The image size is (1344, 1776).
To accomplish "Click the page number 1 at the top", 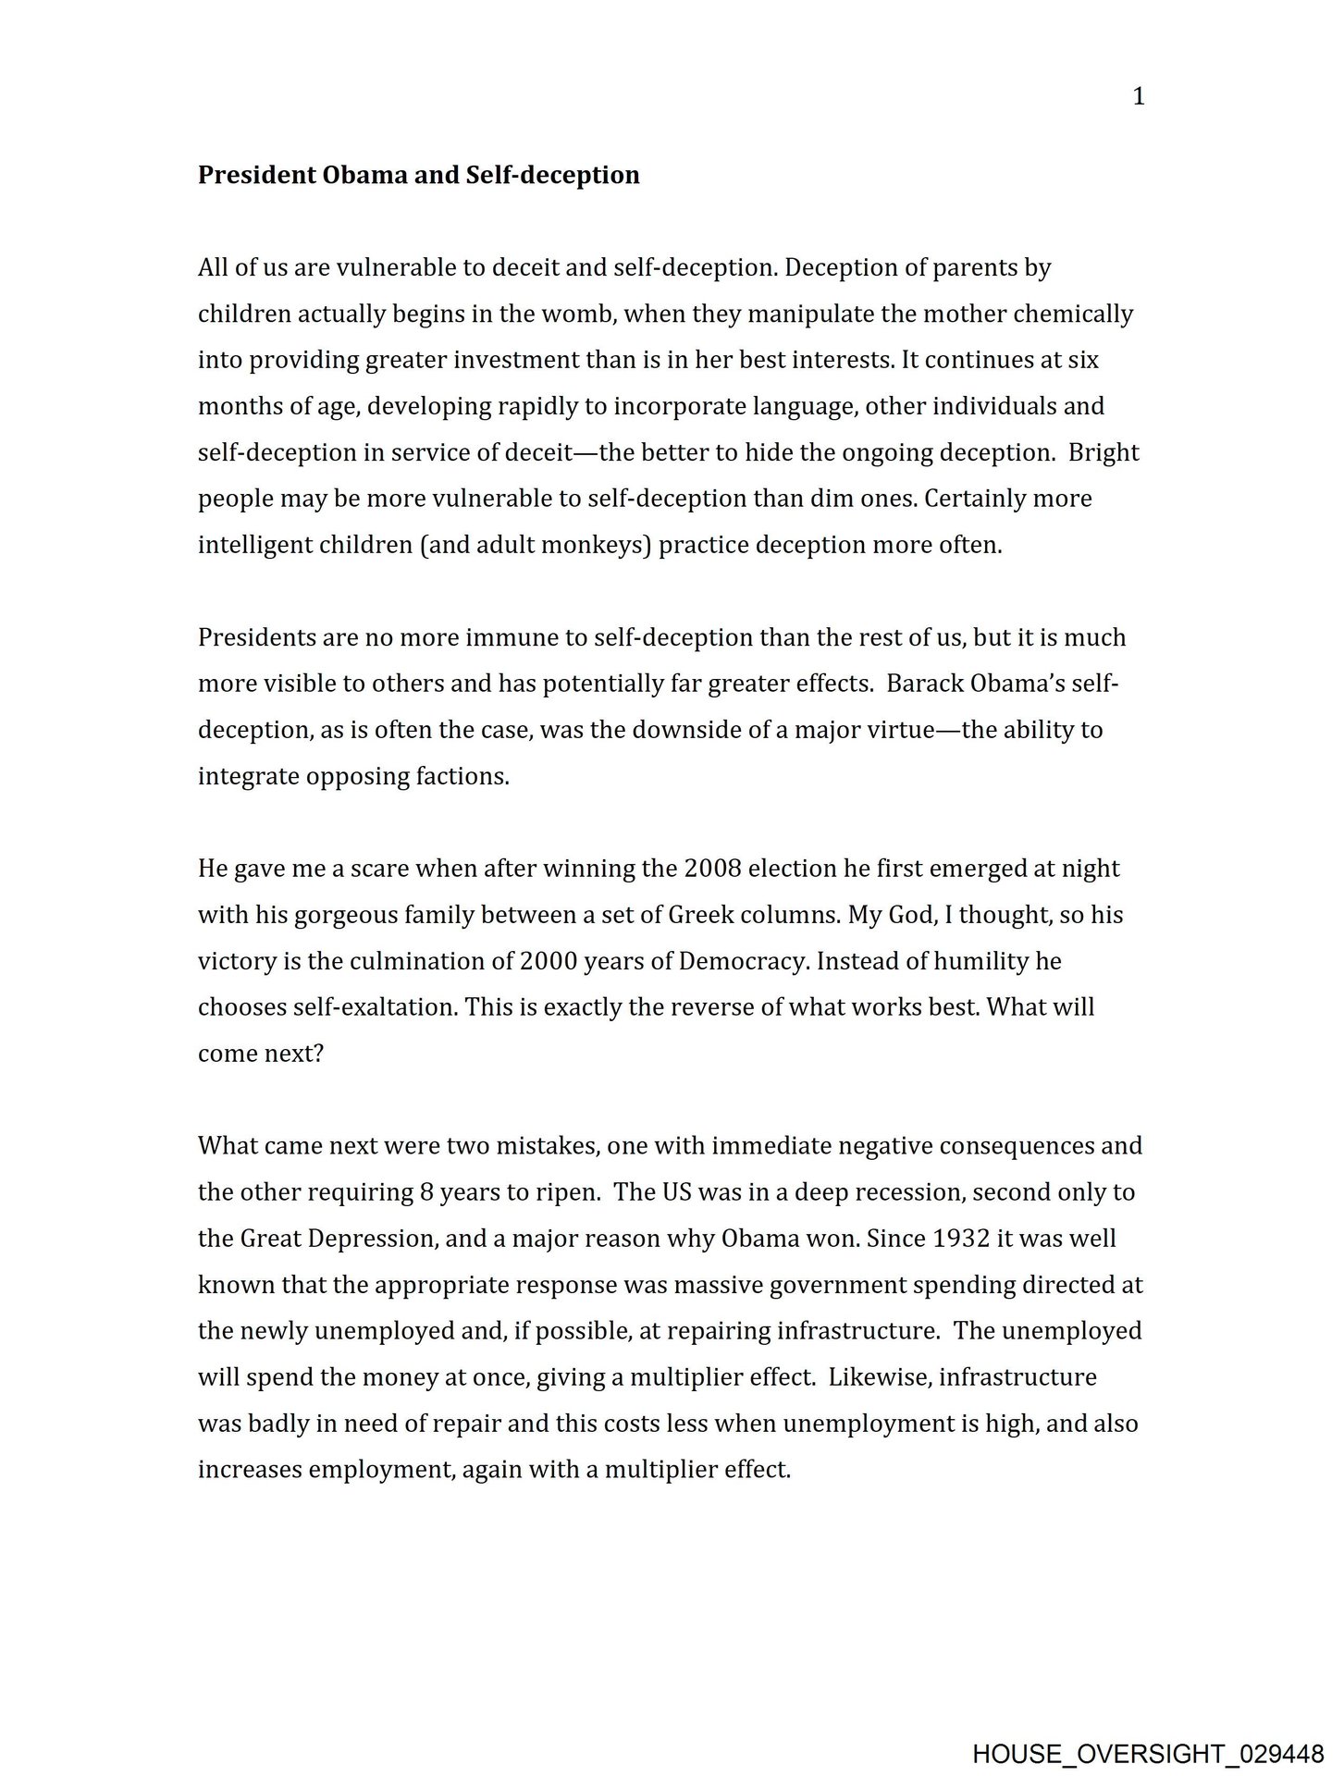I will [x=1139, y=97].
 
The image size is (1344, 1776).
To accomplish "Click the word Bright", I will [x=1104, y=452].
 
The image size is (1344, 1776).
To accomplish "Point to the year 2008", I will [x=712, y=869].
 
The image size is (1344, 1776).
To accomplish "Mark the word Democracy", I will [x=745, y=961].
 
